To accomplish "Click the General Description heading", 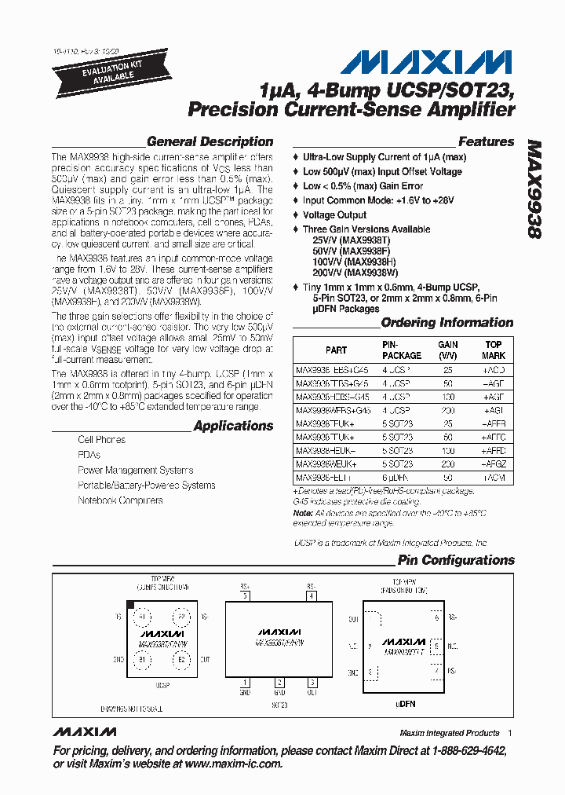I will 210,142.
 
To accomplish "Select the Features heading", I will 486,142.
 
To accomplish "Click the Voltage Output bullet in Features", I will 334,214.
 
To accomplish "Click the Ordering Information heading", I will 447,323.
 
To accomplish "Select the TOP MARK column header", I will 493,350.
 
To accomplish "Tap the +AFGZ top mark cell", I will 493,464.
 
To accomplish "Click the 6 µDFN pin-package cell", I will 396,478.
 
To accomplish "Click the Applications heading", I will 233,426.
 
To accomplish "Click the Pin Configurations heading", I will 455,560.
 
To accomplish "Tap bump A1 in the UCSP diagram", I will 142,617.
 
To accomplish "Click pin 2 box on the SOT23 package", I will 279,683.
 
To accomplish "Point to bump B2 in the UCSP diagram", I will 181,660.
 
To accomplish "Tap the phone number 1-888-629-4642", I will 461,751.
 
